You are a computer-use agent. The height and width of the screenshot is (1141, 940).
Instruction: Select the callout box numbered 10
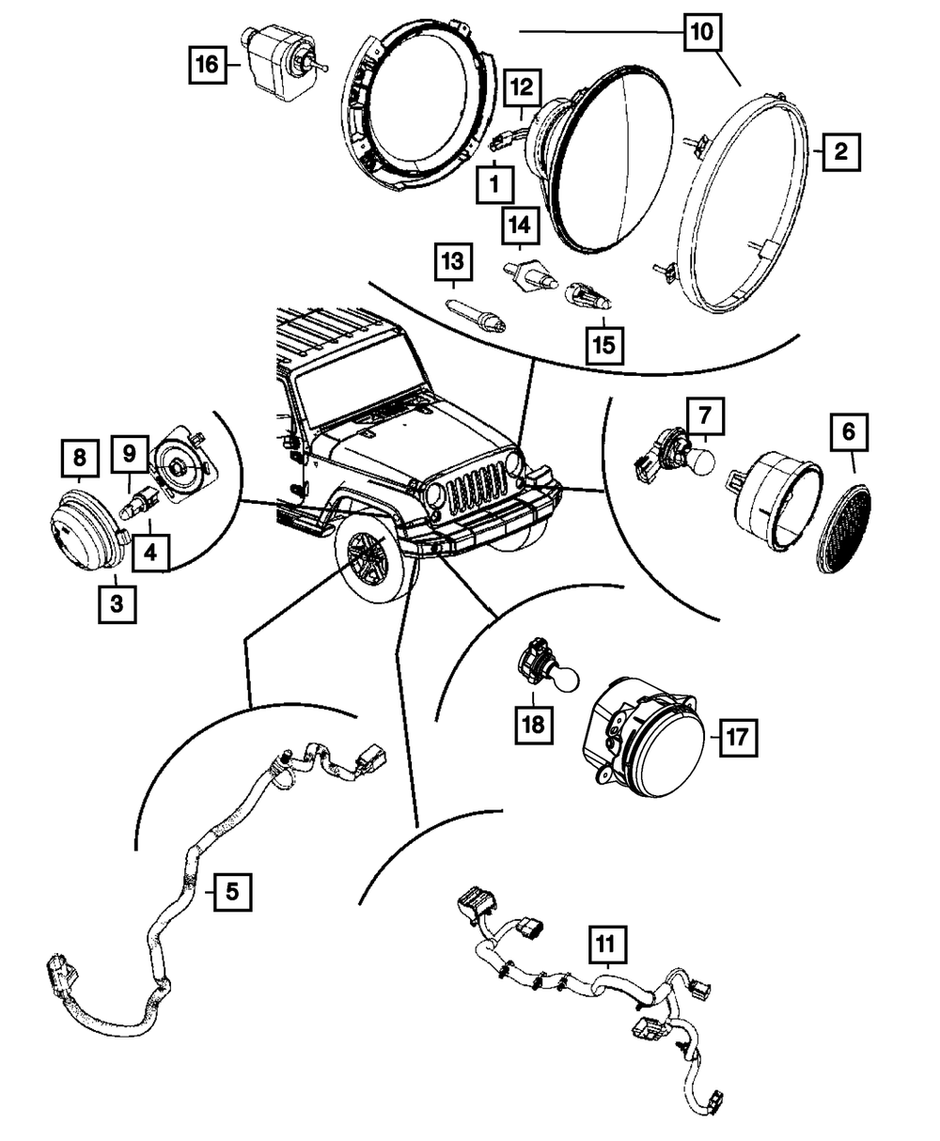(703, 32)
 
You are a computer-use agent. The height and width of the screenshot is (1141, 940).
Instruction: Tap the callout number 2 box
(839, 149)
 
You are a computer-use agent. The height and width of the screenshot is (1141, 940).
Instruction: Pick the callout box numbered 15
(603, 344)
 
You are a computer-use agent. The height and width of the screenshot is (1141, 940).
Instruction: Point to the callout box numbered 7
(707, 415)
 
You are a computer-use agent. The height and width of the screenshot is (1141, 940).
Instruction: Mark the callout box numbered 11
(607, 942)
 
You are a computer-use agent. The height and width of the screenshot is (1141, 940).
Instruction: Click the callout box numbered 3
(117, 604)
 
